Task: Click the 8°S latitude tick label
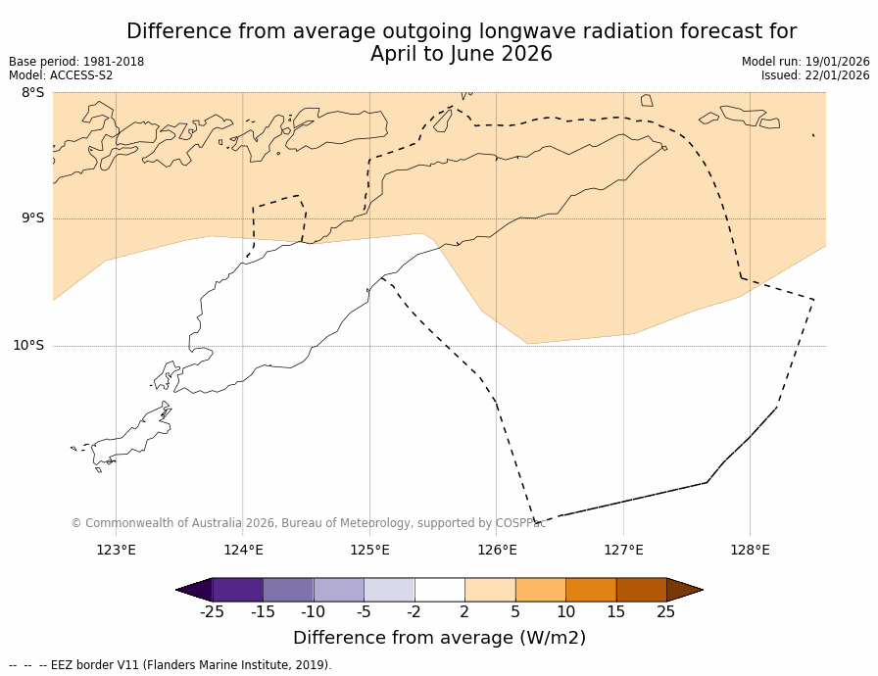pos(32,93)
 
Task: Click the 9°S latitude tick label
pos(32,218)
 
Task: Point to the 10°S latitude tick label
pos(28,345)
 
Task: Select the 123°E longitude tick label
pos(116,550)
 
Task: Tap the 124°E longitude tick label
pos(243,550)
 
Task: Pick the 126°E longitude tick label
pos(497,550)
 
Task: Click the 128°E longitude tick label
pos(750,550)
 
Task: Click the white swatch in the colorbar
pos(440,590)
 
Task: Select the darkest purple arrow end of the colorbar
pos(194,590)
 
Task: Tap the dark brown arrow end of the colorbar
pos(684,590)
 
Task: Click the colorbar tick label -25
pos(212,612)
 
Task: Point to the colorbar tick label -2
pos(415,612)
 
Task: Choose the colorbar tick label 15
pos(615,612)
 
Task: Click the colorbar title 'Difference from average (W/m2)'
pos(439,638)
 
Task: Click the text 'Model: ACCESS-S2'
pos(61,75)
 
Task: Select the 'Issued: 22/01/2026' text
pos(815,75)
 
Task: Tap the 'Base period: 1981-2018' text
pos(76,62)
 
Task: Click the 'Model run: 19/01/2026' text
pos(805,62)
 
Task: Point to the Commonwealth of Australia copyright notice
pos(308,523)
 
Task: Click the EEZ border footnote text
pos(171,665)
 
